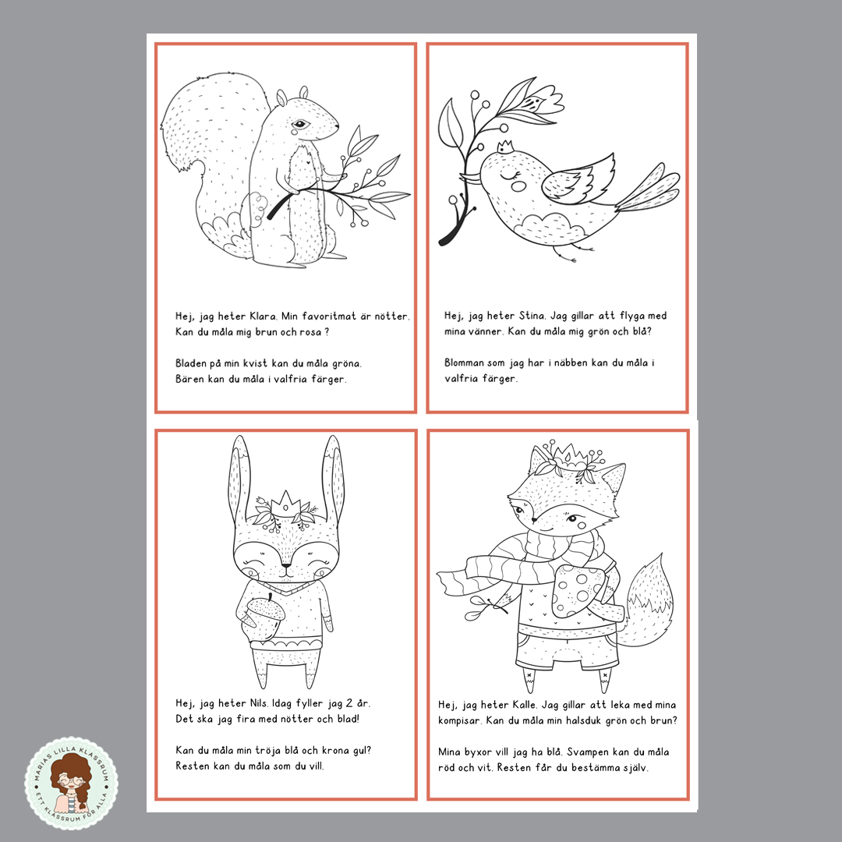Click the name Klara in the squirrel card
coord(264,317)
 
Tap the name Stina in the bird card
coord(532,316)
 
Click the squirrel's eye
coord(300,124)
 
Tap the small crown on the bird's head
coord(504,147)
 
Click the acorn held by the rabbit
coord(260,618)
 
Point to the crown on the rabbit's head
coord(285,504)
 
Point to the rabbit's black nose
coord(286,565)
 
